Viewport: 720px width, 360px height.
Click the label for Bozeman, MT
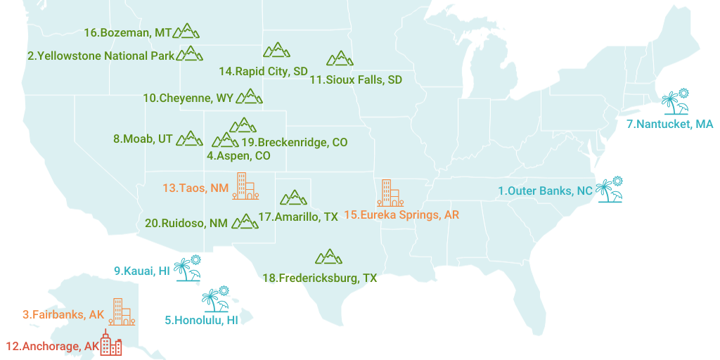pos(127,33)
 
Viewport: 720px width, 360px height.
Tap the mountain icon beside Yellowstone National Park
pos(189,54)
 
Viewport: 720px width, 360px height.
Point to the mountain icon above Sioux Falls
pos(340,58)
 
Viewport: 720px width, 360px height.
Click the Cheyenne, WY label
pos(188,98)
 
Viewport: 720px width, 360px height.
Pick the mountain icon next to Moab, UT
pos(189,139)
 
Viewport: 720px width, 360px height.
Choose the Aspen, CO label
pos(238,155)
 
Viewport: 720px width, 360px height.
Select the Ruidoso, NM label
pos(186,223)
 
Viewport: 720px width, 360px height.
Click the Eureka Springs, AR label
pos(401,214)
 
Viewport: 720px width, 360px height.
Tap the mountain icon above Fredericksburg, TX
pos(328,257)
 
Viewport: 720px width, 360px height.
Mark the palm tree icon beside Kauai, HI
pos(187,268)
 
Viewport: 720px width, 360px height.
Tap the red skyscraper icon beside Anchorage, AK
pos(110,343)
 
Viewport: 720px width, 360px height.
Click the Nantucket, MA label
pos(669,124)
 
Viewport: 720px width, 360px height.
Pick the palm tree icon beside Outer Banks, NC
pos(608,189)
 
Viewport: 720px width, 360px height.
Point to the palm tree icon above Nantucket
pos(675,102)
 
